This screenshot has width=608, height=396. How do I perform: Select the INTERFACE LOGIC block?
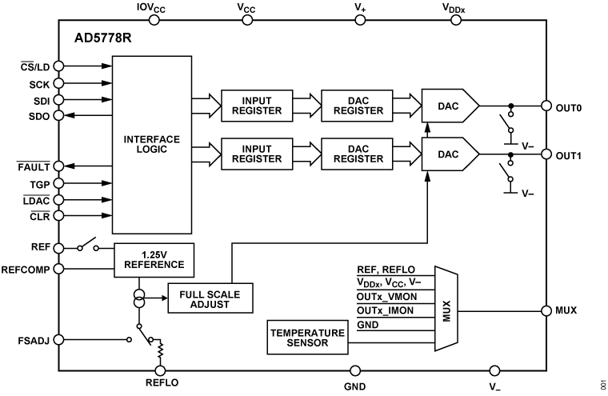coord(152,144)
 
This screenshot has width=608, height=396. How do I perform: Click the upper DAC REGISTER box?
coord(358,105)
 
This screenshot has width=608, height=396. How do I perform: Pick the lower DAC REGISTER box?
coord(358,153)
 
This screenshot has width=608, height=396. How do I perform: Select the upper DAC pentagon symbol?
coord(448,105)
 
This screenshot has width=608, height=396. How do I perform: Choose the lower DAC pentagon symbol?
coord(448,154)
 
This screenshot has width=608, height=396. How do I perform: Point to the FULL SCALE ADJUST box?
coord(210,299)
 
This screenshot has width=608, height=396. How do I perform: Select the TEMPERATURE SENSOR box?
coord(308,338)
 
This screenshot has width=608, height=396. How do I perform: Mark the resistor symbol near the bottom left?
coord(160,350)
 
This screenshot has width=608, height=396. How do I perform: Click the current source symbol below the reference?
coord(140,298)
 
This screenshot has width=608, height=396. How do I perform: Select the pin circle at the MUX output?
coord(546,310)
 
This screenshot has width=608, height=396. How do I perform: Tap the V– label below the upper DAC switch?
coord(528,146)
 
